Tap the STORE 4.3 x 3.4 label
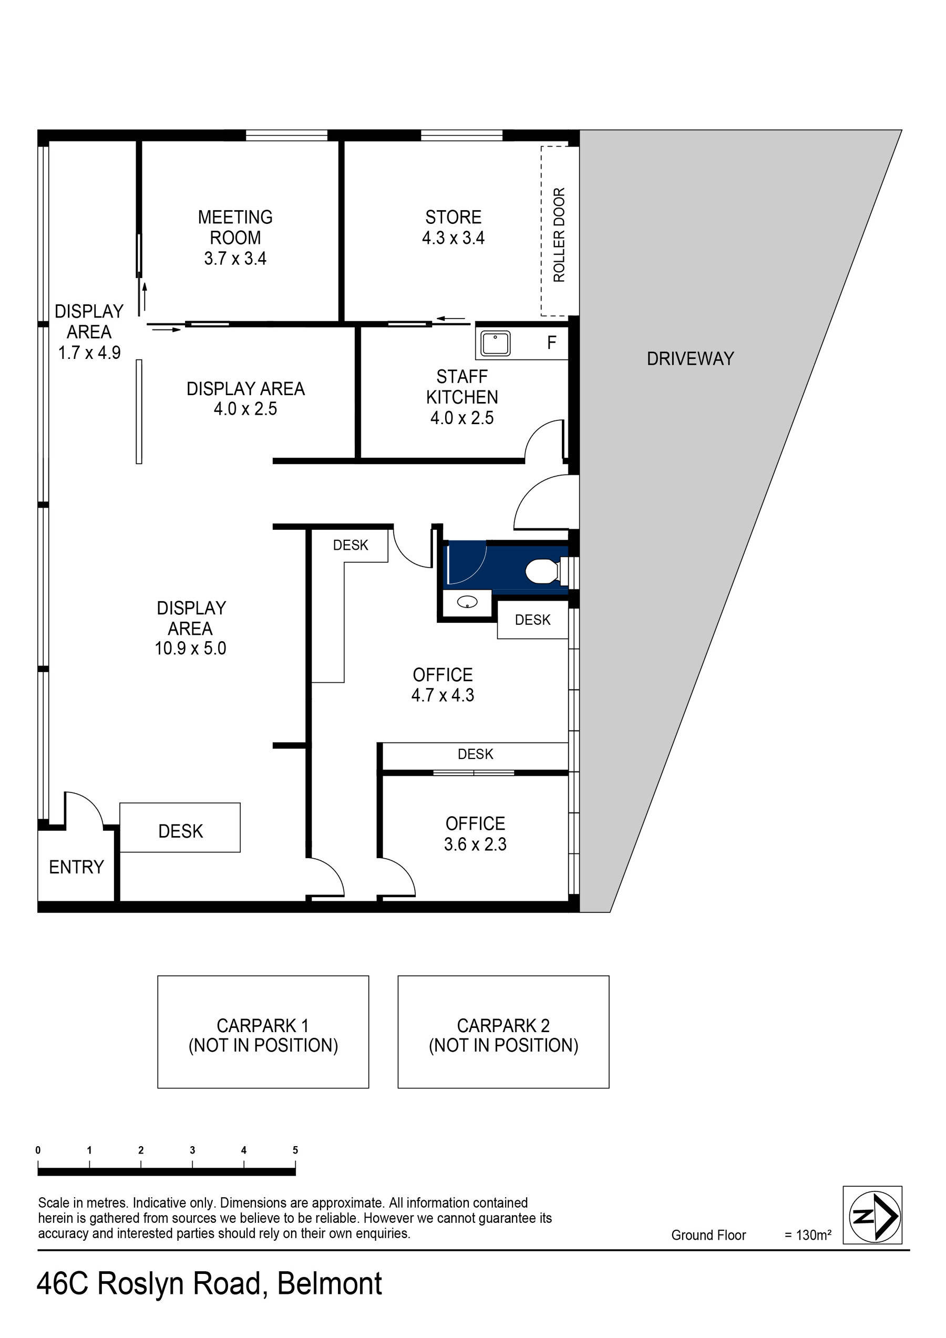point(453,227)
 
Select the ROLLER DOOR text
point(559,235)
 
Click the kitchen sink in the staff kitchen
point(495,343)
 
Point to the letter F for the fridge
point(551,343)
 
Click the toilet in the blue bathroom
point(541,571)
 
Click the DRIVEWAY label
point(690,358)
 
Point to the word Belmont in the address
point(330,1284)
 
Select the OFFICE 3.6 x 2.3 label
point(475,833)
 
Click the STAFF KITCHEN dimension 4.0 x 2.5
point(461,418)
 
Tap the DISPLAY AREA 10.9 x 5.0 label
point(191,627)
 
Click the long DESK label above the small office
point(475,754)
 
